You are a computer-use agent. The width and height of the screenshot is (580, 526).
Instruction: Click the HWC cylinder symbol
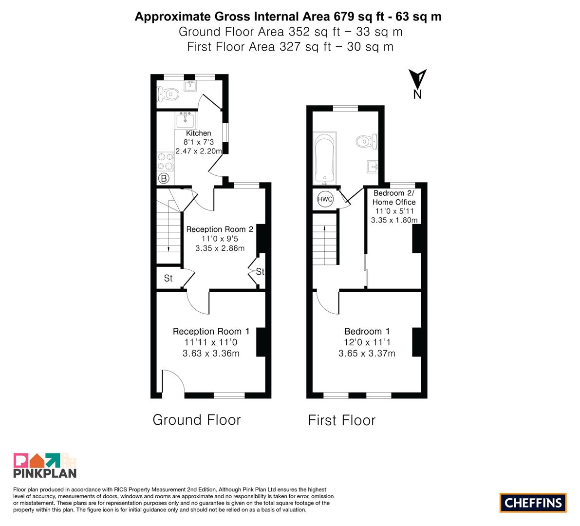point(325,199)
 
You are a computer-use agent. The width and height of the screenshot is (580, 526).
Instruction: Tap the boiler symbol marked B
point(164,178)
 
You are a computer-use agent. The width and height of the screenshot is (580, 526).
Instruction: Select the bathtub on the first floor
point(325,158)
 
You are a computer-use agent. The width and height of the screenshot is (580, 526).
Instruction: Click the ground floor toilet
point(168,94)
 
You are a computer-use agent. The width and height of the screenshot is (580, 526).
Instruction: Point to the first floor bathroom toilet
point(367,141)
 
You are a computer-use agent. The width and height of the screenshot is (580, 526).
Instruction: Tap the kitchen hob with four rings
point(166,161)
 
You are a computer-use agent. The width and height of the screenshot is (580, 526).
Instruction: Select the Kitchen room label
point(199,133)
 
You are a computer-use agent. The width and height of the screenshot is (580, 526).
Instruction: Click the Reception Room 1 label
point(211,332)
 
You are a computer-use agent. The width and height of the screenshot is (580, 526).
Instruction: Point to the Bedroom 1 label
point(367,332)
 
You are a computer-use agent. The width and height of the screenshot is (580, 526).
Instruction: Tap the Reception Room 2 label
point(220,229)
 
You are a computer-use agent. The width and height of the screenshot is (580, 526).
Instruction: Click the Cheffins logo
point(533,503)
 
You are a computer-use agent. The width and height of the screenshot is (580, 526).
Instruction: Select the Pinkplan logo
point(45,465)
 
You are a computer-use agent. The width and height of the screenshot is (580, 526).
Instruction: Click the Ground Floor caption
point(196,420)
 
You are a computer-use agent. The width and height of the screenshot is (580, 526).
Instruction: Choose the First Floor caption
point(342,420)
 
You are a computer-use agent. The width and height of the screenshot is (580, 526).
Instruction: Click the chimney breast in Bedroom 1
point(417,342)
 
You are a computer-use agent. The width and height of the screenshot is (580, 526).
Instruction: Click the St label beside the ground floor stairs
point(168,278)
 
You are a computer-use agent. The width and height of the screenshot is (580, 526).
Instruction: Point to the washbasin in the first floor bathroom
point(373,167)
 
